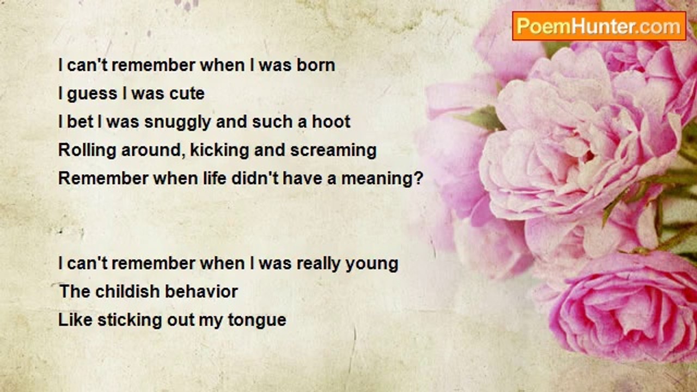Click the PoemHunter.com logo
click(599, 26)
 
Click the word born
click(316, 65)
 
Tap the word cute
click(187, 93)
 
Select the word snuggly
click(178, 122)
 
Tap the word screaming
click(333, 151)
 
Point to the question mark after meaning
click(419, 178)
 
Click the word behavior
click(201, 291)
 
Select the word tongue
click(257, 321)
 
